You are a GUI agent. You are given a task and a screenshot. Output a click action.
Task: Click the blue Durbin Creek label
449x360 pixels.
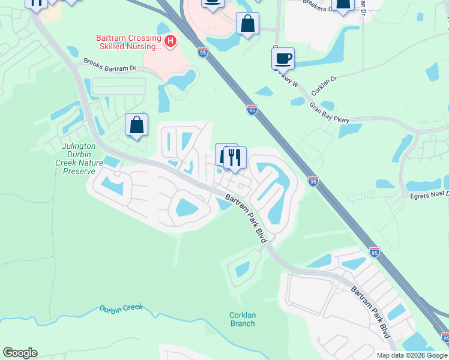pyautogui.click(x=121, y=309)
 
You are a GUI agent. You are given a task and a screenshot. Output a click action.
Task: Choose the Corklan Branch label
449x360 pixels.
pyautogui.click(x=242, y=319)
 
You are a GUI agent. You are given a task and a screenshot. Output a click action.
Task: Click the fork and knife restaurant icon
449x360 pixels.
pyautogui.click(x=235, y=157)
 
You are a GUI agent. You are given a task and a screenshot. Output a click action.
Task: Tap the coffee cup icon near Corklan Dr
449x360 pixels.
pyautogui.click(x=283, y=59)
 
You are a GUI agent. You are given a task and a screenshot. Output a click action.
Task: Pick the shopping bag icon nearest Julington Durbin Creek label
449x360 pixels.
pyautogui.click(x=137, y=125)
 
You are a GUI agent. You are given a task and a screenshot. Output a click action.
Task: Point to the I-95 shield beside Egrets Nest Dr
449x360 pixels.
pyautogui.click(x=313, y=181)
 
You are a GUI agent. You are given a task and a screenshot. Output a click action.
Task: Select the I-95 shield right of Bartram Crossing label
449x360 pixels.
pyautogui.click(x=202, y=52)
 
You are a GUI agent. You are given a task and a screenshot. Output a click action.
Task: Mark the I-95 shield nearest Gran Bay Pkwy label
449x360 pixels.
pyautogui.click(x=252, y=110)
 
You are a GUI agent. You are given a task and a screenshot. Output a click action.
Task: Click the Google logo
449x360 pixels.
pyautogui.click(x=20, y=353)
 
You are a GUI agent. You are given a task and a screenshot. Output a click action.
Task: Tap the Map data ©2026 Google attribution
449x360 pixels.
pyautogui.click(x=411, y=355)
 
